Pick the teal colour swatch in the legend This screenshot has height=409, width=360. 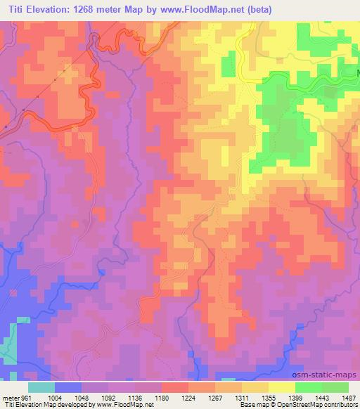[41, 387]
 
